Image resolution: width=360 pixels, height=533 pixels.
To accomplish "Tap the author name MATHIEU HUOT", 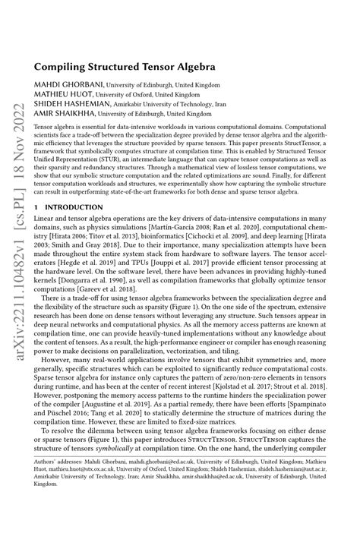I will click(60, 96).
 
